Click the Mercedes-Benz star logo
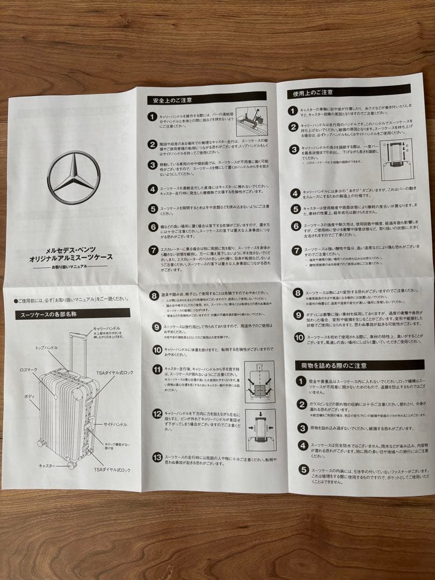tap(74, 177)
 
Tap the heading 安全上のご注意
tap(169, 100)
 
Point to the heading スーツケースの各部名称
tap(52, 314)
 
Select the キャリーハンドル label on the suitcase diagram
tap(106, 328)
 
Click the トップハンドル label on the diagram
tap(47, 348)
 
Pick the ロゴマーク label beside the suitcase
tap(28, 371)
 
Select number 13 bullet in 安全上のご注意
tap(157, 457)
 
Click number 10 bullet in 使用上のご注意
tap(299, 337)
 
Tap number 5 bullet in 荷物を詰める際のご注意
tap(303, 471)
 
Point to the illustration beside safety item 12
tap(260, 430)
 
